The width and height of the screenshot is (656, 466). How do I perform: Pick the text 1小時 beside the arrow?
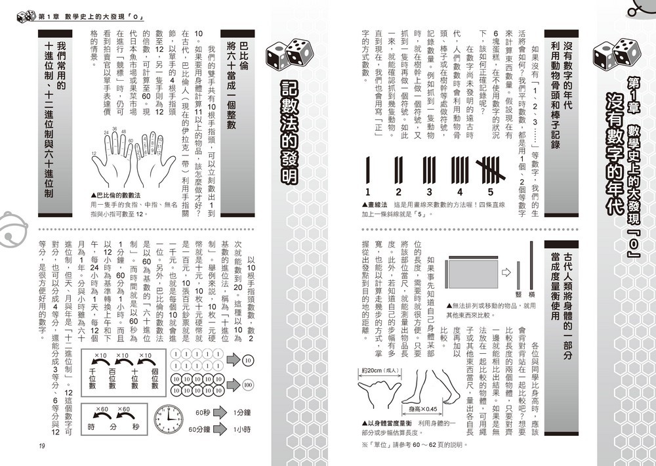click(242, 429)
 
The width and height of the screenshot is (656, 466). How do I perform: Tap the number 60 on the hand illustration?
click(131, 140)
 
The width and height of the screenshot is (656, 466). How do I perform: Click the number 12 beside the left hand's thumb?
click(94, 154)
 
